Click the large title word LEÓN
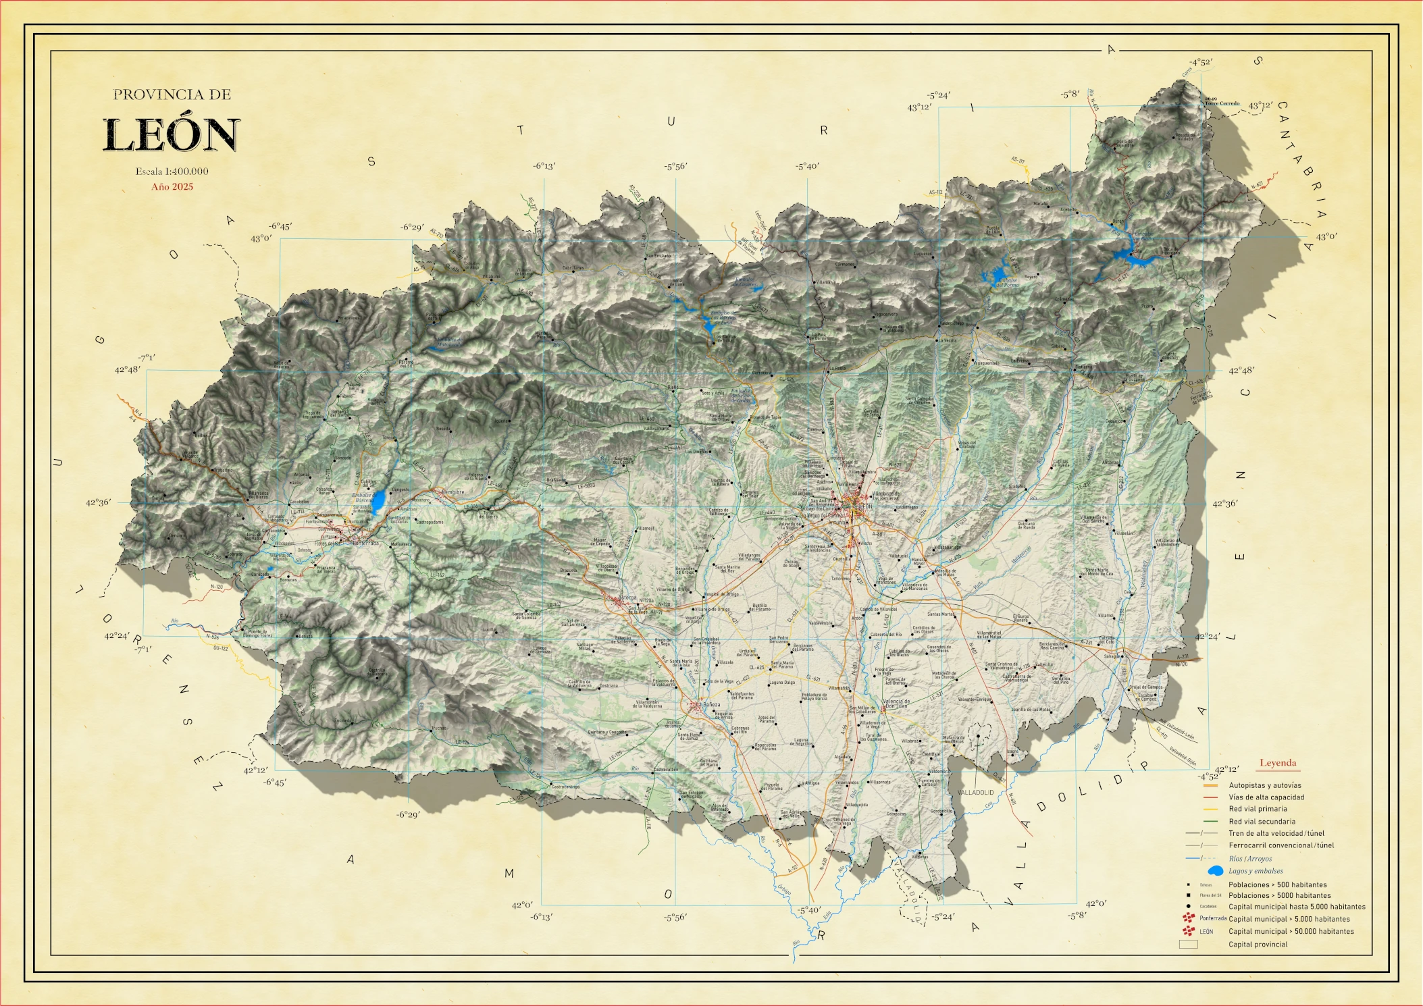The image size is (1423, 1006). [172, 135]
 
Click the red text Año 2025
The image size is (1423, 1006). [172, 187]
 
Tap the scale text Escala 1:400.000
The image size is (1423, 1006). [172, 171]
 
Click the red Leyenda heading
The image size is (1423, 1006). [1277, 763]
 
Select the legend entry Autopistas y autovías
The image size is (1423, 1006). [1264, 785]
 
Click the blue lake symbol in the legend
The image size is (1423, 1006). [1215, 871]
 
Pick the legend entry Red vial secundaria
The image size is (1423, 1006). [1262, 822]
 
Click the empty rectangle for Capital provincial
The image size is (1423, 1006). [1188, 945]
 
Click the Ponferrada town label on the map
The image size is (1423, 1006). [365, 543]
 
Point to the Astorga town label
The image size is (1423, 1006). [628, 598]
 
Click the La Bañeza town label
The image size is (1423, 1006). [711, 705]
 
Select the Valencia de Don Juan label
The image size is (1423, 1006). [896, 704]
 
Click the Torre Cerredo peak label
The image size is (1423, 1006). [1222, 103]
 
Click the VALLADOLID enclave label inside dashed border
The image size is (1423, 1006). [975, 792]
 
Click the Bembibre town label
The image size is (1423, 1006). [452, 492]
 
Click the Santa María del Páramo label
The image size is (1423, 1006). [782, 665]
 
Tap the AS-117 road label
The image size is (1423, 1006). [1017, 161]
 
